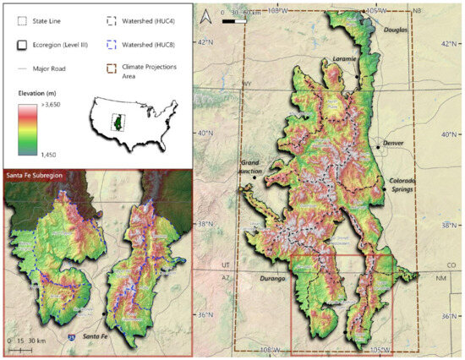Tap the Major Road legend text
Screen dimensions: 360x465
click(48, 64)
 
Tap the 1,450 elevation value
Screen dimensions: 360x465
click(47, 155)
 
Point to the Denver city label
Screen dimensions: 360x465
click(394, 142)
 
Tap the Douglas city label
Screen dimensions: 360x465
click(395, 30)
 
